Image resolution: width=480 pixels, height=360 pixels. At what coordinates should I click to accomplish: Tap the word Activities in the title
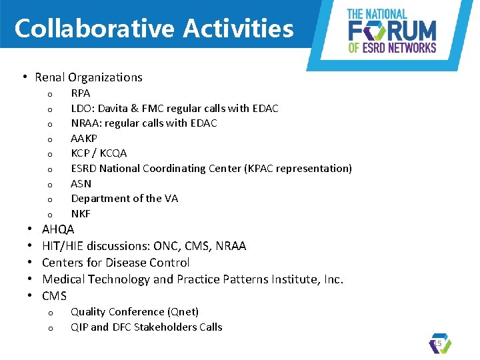tap(239, 29)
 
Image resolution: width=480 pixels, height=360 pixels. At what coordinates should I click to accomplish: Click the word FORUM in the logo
tap(393, 30)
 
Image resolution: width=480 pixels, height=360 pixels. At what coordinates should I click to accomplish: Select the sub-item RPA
tap(81, 93)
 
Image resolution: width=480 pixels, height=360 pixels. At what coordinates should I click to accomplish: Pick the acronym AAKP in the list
tap(84, 138)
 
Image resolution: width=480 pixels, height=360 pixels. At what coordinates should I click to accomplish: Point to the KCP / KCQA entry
tap(99, 153)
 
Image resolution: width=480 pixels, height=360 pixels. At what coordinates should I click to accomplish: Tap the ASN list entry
tap(81, 183)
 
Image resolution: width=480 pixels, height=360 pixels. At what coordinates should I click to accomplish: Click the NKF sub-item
tap(81, 213)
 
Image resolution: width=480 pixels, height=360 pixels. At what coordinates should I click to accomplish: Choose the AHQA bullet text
tap(58, 229)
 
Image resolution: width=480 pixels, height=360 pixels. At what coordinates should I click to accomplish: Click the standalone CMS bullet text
tap(54, 295)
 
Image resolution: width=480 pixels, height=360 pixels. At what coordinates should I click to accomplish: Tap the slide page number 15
tap(438, 343)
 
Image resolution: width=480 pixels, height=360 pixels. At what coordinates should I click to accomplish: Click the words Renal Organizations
tap(89, 77)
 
